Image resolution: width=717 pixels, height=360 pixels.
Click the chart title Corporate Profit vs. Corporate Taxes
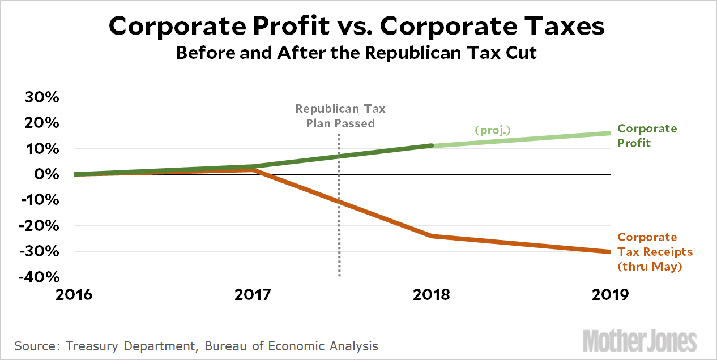pos(357,27)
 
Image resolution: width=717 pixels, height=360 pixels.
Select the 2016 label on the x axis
pos(75,295)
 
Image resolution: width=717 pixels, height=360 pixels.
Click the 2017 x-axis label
pos(254,295)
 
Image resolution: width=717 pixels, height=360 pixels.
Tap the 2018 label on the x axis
pos(432,295)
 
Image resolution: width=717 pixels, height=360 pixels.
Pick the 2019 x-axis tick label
pos(611,295)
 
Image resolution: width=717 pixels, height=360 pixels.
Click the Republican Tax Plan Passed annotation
pos(340,115)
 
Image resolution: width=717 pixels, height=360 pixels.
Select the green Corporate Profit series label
pos(647,136)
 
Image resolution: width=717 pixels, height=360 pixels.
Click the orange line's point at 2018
pos(432,235)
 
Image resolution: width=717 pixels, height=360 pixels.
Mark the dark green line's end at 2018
pos(432,145)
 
